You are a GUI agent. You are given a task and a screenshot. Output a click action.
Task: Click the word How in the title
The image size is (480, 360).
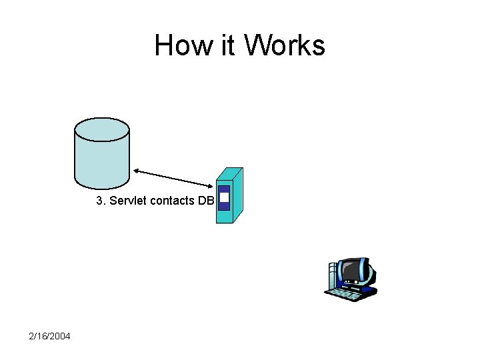[x=175, y=45]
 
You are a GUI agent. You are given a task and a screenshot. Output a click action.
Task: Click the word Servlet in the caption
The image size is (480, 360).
[x=129, y=201]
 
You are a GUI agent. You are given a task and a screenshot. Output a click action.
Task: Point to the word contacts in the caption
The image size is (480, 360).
[x=172, y=201]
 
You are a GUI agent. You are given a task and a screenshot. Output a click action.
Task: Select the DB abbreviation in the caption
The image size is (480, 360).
[x=205, y=201]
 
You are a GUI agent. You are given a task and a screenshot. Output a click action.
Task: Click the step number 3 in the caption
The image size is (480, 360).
[x=100, y=201]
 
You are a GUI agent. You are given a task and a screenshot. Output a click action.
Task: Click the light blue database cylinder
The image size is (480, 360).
[x=101, y=160]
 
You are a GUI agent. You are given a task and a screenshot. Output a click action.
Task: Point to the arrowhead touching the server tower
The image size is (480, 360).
[x=210, y=185]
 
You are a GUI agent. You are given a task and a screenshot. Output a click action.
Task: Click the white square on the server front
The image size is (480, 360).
[x=224, y=197]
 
